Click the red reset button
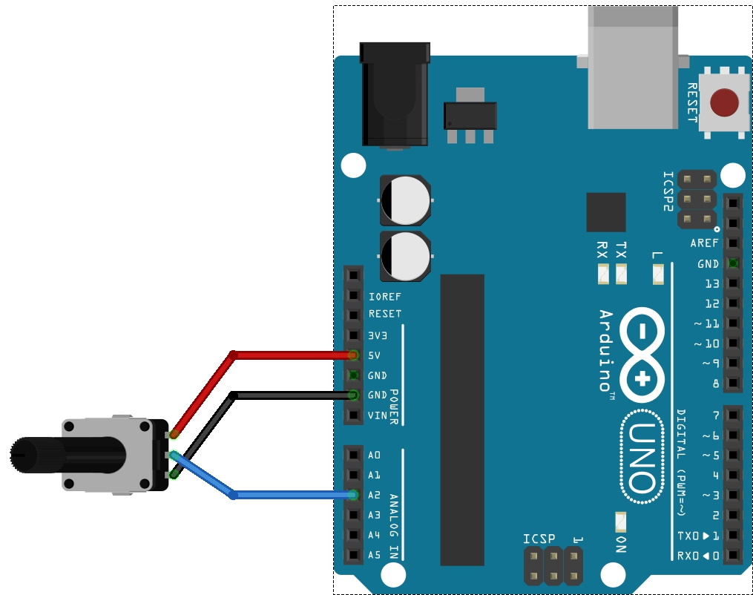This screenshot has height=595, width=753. pos(724,103)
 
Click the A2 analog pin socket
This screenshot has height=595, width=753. pos(353,495)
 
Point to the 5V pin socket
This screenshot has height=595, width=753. pos(353,355)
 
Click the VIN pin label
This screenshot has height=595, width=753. pos(377,415)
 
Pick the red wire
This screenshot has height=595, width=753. pos(289,355)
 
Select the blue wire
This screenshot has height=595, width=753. pos(289,495)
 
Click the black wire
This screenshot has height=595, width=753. pos(289,395)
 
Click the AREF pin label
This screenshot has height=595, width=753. pos(704,243)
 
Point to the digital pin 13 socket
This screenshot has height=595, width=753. pos(732,283)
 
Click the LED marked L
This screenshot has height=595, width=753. pos(657,275)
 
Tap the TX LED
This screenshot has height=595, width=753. pos(621,275)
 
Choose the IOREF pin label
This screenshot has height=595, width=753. pos(384,297)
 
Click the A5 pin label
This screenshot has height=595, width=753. pos(374,555)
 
